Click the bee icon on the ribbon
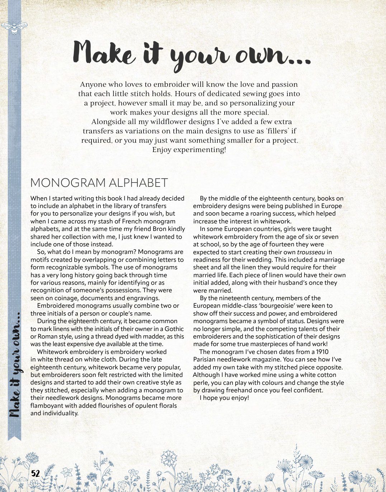coord(14,27)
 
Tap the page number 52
coord(36,473)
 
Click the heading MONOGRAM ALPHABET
coord(99,183)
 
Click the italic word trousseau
coord(311,252)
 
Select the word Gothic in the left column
coord(174,329)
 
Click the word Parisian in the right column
coord(206,359)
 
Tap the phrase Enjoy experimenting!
coord(189,150)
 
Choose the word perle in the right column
coord(201,383)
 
